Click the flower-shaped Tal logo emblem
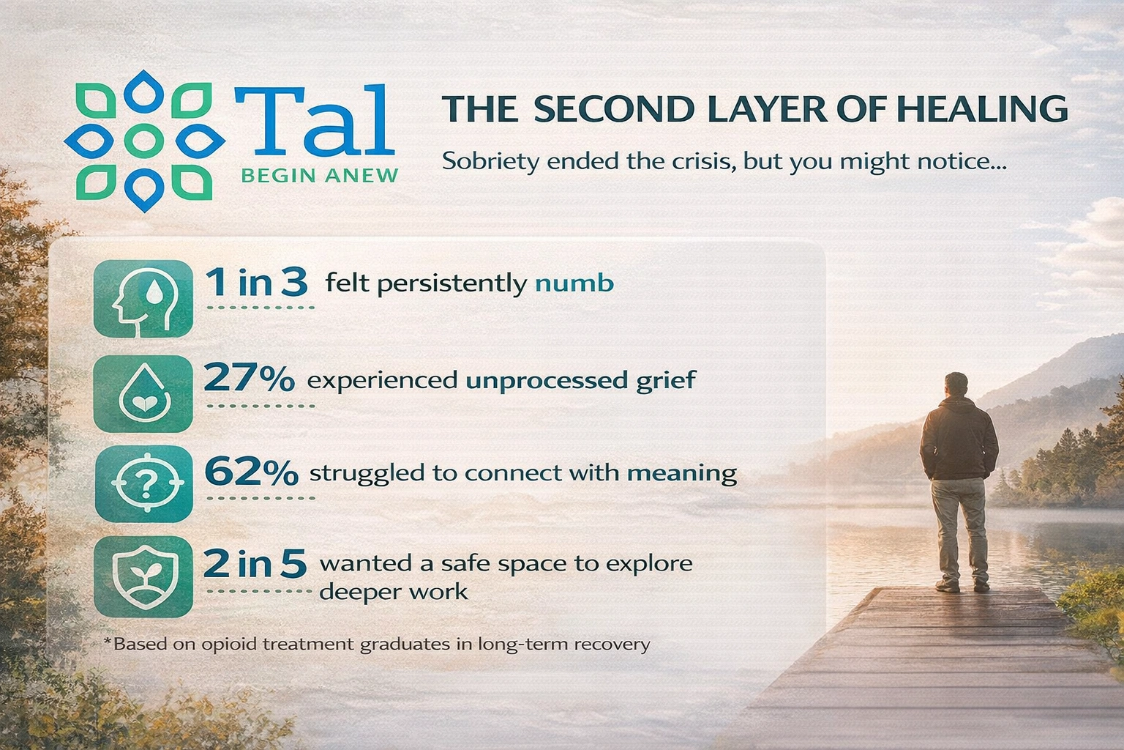(x=144, y=141)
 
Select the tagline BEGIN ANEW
(x=320, y=175)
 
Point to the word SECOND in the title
(x=615, y=109)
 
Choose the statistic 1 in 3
(x=256, y=282)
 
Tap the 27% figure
(x=249, y=378)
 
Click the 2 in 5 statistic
(x=255, y=563)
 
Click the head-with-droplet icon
(x=143, y=299)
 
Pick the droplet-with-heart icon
(x=143, y=394)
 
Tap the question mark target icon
(x=144, y=483)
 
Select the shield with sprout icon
(x=143, y=576)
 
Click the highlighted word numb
(x=574, y=283)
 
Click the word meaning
(x=682, y=474)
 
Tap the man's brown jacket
(x=959, y=438)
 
